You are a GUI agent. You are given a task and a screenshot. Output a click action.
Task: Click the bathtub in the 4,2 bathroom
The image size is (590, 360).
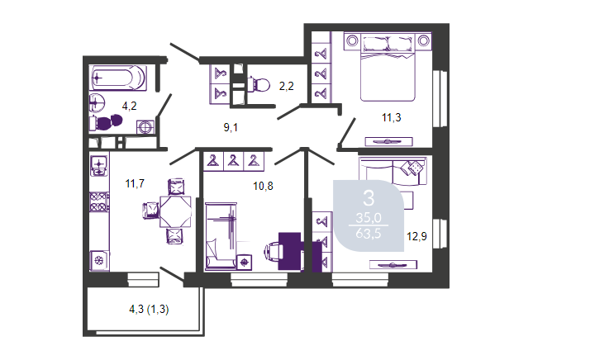tap(118, 78)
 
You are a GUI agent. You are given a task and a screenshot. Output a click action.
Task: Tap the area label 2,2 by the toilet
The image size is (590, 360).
tap(287, 87)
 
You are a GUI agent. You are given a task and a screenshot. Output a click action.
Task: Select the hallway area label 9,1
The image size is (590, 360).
tap(231, 127)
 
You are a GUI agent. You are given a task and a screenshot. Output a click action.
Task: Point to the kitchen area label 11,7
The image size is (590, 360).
tap(135, 183)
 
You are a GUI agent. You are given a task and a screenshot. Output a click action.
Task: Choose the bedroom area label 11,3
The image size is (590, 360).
tap(392, 118)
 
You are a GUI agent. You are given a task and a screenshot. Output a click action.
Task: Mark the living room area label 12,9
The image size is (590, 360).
tap(416, 237)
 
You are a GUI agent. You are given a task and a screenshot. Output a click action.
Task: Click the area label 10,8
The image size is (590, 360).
tap(263, 186)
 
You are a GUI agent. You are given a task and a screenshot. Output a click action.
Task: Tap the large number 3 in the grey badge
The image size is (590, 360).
tap(369, 198)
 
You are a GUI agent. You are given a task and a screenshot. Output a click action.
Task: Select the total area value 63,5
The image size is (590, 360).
tap(369, 234)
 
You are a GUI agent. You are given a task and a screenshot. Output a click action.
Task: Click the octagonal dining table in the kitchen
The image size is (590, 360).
tap(175, 211)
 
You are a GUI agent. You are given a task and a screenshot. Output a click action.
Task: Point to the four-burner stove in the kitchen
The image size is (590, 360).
tap(99, 201)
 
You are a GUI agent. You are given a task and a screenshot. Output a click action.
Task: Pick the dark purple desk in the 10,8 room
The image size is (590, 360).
tap(290, 251)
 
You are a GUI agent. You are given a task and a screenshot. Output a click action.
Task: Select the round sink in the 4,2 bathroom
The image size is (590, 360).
tap(97, 102)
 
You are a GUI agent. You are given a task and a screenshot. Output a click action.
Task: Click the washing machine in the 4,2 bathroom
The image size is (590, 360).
tap(145, 127)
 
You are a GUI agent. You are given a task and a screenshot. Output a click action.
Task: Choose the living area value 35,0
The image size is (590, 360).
tap(369, 218)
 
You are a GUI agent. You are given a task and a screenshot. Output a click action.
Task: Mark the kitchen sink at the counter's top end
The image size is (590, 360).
tap(99, 167)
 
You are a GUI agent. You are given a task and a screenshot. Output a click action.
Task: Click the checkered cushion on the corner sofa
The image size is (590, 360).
tap(415, 167)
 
